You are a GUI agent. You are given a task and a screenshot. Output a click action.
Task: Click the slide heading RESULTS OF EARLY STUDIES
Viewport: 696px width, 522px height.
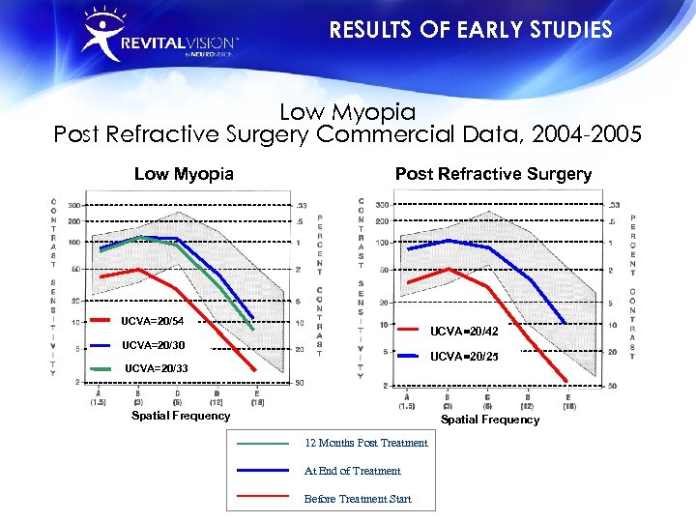(471, 30)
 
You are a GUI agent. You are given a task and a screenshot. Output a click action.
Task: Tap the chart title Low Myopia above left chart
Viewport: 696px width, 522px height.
(184, 174)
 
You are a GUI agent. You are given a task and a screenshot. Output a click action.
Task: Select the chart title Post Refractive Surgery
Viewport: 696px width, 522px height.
(493, 174)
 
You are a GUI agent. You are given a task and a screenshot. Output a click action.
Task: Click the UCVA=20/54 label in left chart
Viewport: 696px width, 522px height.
(152, 321)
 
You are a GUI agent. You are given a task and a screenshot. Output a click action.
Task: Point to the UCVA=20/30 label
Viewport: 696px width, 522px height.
(152, 345)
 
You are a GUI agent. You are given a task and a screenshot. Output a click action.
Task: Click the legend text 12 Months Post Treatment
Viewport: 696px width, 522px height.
(365, 443)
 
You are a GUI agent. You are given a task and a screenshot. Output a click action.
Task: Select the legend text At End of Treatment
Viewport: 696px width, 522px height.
(352, 471)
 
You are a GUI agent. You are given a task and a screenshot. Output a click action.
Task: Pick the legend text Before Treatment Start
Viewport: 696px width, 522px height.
(357, 499)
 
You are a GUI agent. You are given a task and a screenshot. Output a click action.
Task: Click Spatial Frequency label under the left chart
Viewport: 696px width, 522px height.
(181, 416)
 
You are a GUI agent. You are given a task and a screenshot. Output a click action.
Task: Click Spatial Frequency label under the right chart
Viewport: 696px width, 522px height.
(490, 420)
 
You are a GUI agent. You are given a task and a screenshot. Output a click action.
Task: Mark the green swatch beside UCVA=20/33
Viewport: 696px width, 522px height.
(102, 368)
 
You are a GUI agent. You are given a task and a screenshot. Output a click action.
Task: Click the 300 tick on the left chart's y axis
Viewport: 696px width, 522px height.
(74, 205)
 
